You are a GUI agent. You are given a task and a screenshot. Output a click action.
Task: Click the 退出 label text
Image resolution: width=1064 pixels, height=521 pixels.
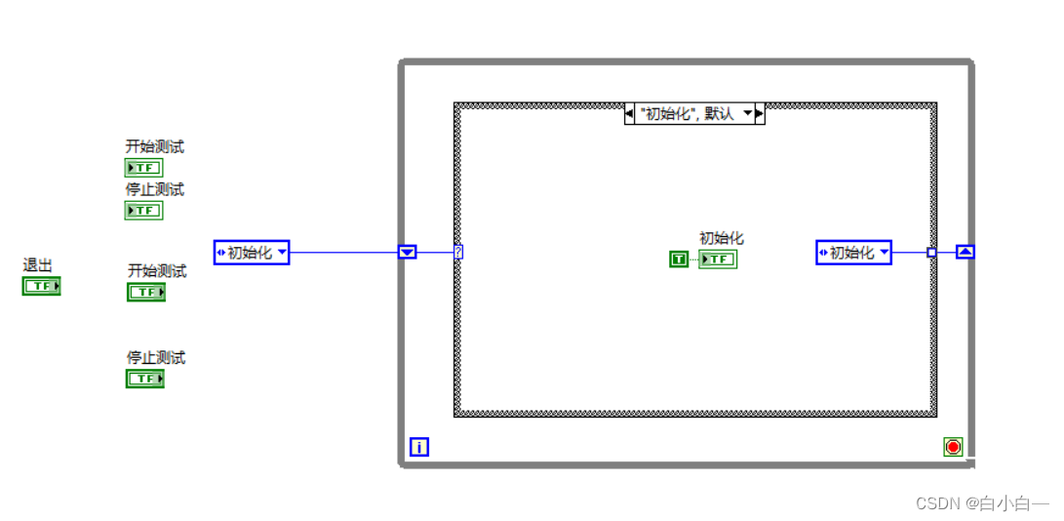pos(37,265)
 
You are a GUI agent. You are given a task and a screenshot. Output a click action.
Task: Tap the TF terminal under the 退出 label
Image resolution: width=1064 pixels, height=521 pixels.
pos(42,286)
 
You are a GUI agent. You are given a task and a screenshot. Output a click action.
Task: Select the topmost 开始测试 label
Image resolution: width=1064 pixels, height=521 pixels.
pos(154,147)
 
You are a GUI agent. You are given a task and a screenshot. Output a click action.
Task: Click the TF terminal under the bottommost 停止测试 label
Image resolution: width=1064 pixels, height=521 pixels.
pos(144,379)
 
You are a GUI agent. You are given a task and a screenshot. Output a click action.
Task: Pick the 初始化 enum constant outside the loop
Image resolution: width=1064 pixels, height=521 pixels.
pos(252,253)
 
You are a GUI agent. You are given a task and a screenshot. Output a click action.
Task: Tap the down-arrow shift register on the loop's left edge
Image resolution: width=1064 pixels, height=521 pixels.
pos(408,253)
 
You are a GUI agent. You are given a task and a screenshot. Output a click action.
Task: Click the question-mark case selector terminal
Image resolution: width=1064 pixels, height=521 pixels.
pos(458,253)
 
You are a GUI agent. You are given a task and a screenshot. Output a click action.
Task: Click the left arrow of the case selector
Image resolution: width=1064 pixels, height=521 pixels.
pos(630,114)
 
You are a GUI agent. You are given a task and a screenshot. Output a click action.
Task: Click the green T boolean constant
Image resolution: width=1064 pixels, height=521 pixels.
pos(679,259)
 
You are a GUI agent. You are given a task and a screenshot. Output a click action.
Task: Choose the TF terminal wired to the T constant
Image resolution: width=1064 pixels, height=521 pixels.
pos(718,259)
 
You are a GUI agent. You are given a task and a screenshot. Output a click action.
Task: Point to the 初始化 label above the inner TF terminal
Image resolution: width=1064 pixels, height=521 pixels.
pos(722,238)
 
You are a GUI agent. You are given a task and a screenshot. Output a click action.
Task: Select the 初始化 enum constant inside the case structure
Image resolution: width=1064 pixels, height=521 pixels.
pos(853,253)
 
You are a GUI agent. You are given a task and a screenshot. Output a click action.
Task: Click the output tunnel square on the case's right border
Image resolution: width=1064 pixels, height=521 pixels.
pos(931,253)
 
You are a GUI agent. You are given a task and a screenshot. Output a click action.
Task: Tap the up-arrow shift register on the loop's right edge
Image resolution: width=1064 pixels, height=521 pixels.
pos(965,252)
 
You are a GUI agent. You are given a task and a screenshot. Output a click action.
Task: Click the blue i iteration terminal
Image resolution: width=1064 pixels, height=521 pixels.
pos(419,448)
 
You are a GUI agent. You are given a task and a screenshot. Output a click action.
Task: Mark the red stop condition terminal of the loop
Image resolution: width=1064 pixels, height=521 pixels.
pos(953,447)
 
